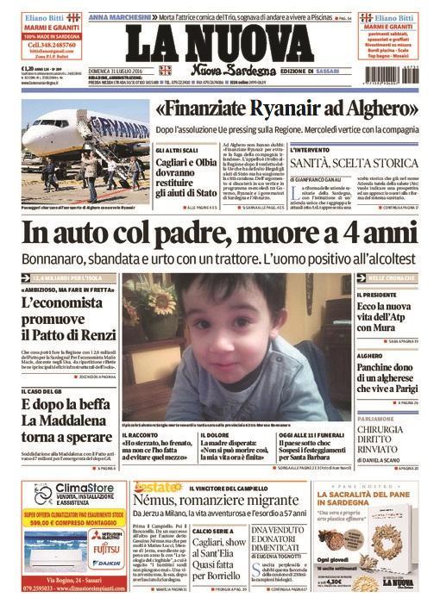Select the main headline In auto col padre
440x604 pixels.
coord(219,234)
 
